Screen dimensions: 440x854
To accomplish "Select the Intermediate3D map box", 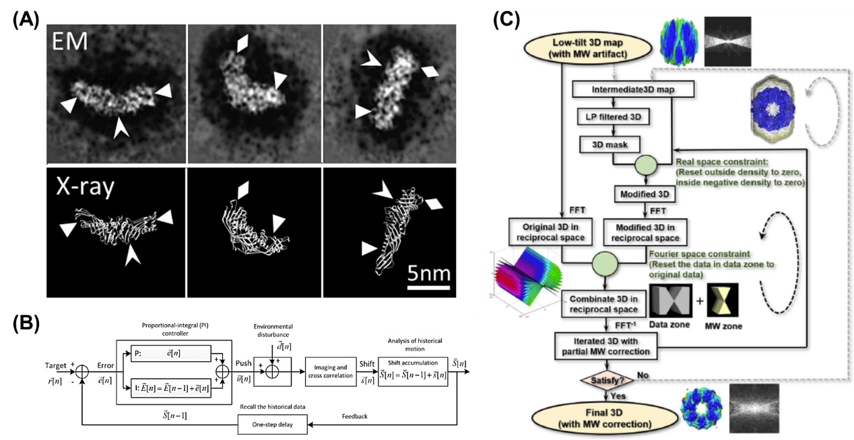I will [x=615, y=88].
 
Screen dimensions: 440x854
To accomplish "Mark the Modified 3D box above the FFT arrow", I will [x=644, y=194].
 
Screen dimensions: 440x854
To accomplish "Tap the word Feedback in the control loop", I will [x=354, y=416].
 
